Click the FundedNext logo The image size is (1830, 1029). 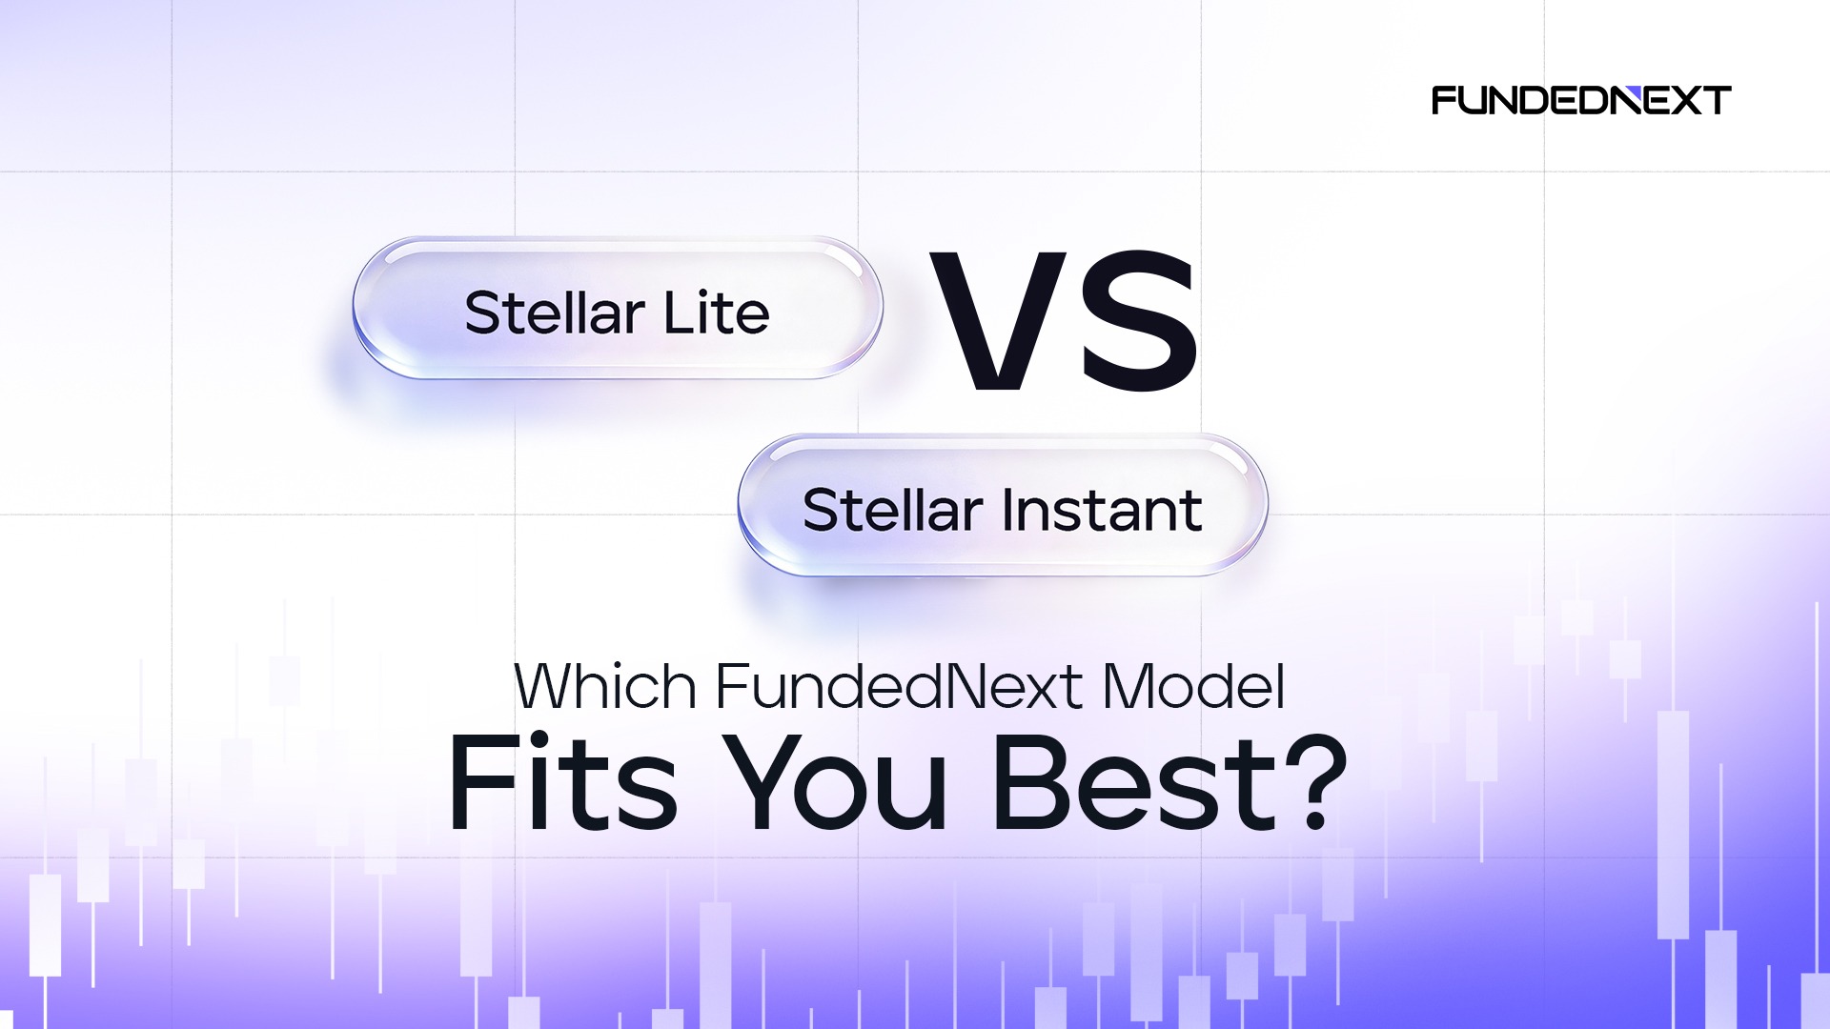pos(1581,100)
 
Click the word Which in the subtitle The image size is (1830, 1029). pos(605,685)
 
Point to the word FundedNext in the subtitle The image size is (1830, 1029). pos(899,685)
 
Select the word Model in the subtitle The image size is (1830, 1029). pos(1193,685)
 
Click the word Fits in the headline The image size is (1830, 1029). pos(562,783)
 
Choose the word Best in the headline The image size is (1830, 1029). pos(1134,783)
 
